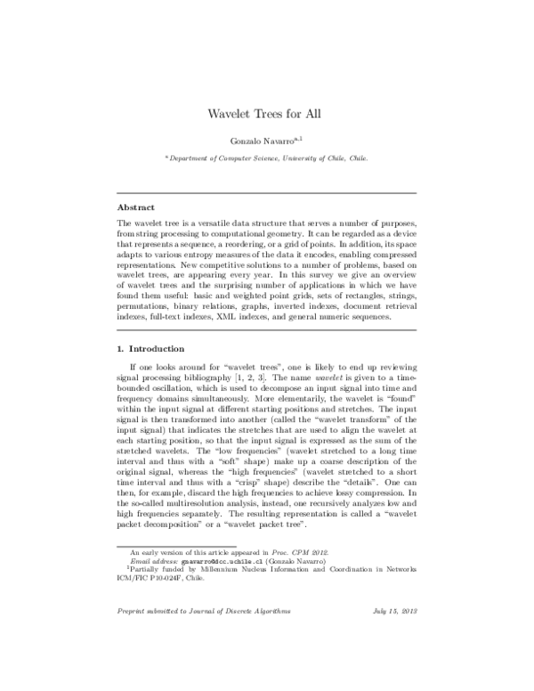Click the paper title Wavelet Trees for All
click(267, 114)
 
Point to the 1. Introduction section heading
click(151, 347)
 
